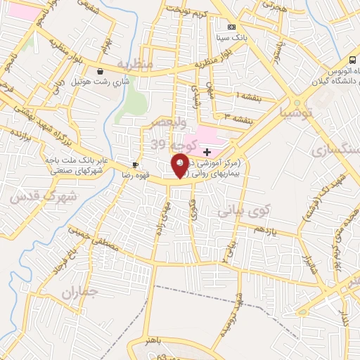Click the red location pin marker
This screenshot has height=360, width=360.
[x=181, y=165]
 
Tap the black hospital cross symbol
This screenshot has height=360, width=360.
[x=207, y=151]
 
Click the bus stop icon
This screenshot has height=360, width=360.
[x=352, y=60]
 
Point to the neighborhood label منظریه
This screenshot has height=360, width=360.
[x=135, y=65]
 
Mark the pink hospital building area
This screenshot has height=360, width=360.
[x=211, y=135]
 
